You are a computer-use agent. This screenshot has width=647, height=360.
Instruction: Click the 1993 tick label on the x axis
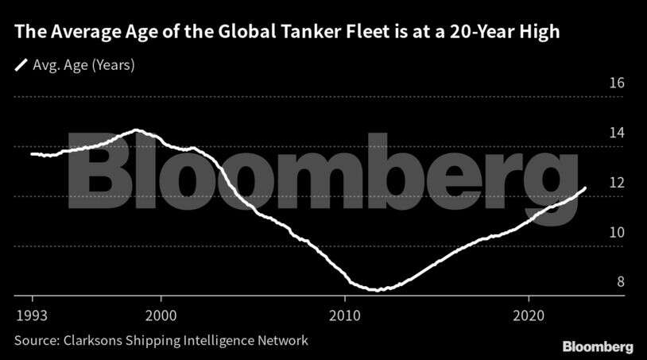[x=32, y=314]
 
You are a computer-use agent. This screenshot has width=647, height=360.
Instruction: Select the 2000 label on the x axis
[x=161, y=314]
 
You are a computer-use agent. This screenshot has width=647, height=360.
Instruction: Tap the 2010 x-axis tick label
[x=344, y=314]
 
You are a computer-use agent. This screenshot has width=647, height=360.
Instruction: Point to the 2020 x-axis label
[x=529, y=314]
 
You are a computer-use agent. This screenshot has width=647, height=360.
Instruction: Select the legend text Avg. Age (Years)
[x=83, y=65]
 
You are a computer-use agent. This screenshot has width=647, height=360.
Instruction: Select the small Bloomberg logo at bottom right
[x=598, y=346]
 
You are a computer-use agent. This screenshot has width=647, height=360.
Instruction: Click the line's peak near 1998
[x=137, y=130]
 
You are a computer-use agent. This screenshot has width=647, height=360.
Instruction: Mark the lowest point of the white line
[x=379, y=290]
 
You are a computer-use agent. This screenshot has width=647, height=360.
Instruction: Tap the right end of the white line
[x=586, y=188]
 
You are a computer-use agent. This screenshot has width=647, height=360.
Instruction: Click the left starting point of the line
[x=31, y=153]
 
